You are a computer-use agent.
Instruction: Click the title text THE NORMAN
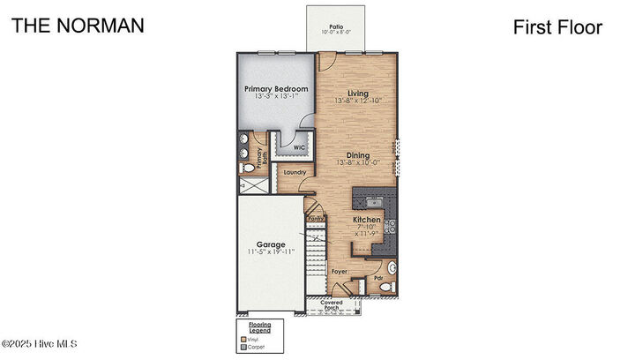pos(78,26)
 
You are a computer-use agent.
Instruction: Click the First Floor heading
pos(557,27)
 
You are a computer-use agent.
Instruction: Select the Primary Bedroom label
pos(276,89)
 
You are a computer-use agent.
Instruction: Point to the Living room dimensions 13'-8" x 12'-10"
pos(357,101)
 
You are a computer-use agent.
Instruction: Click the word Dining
pos(357,155)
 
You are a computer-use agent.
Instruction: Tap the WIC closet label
pos(288,148)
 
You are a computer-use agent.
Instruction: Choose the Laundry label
pos(295,172)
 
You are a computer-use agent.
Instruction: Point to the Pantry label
pos(315,218)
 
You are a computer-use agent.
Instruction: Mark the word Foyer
pos(340,272)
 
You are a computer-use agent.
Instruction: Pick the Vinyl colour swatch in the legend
pos(243,336)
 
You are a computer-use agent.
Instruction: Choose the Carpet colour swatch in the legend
pos(243,346)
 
